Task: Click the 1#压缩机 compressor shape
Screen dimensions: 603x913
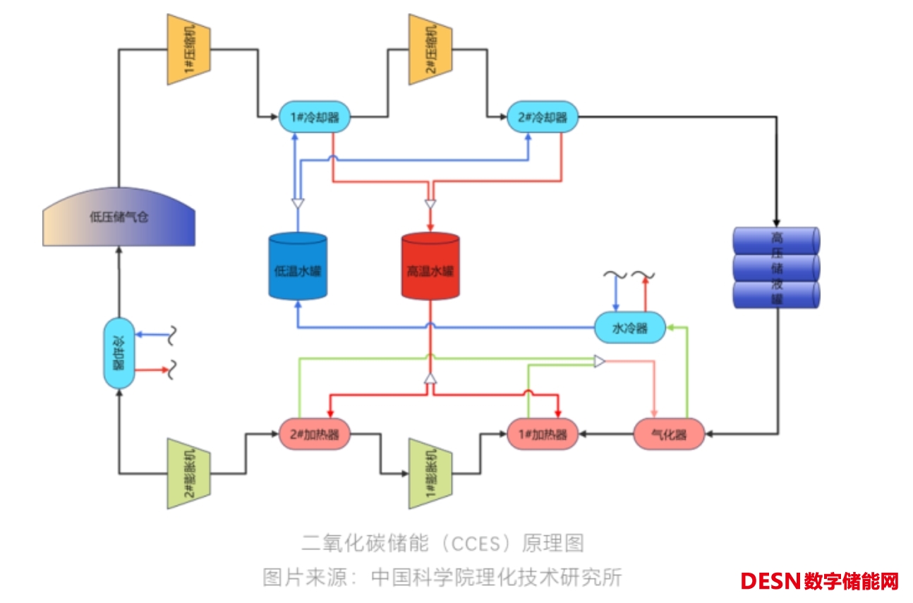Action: click(x=188, y=49)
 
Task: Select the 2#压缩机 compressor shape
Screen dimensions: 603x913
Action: click(x=430, y=49)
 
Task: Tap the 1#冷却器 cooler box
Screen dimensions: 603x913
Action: click(x=315, y=118)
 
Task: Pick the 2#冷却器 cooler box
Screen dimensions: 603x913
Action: click(x=543, y=118)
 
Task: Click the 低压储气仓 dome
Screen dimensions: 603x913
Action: click(x=119, y=217)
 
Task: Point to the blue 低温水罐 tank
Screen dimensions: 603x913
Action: click(x=298, y=266)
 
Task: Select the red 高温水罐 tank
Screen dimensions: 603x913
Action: click(x=430, y=266)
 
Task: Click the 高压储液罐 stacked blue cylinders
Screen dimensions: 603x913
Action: click(x=776, y=267)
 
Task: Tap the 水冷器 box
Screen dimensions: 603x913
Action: click(x=629, y=328)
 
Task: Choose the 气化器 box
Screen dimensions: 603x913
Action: click(x=669, y=434)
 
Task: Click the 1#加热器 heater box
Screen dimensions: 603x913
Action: click(x=543, y=434)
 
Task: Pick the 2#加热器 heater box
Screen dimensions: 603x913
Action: click(x=315, y=434)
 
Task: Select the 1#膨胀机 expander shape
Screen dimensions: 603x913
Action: click(x=430, y=473)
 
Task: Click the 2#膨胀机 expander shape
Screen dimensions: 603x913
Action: click(x=188, y=473)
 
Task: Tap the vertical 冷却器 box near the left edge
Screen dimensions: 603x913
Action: click(x=119, y=353)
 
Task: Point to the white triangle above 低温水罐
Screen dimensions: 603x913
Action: click(x=298, y=204)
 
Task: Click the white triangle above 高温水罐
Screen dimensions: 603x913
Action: click(x=430, y=204)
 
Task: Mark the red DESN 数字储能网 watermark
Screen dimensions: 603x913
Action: click(x=819, y=581)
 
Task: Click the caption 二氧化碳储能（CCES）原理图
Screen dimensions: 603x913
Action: click(x=442, y=543)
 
